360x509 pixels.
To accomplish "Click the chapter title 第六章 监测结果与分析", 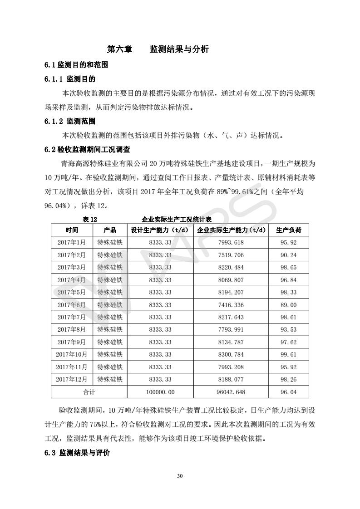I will point(158,49).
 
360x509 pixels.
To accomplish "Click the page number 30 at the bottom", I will point(180,476).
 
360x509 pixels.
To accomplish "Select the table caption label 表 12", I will point(90,219).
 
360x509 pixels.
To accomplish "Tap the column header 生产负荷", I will point(288,230).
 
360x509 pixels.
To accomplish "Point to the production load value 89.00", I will point(288,305).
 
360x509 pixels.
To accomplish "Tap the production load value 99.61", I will point(288,354).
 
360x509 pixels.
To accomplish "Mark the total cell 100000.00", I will point(162,392).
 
